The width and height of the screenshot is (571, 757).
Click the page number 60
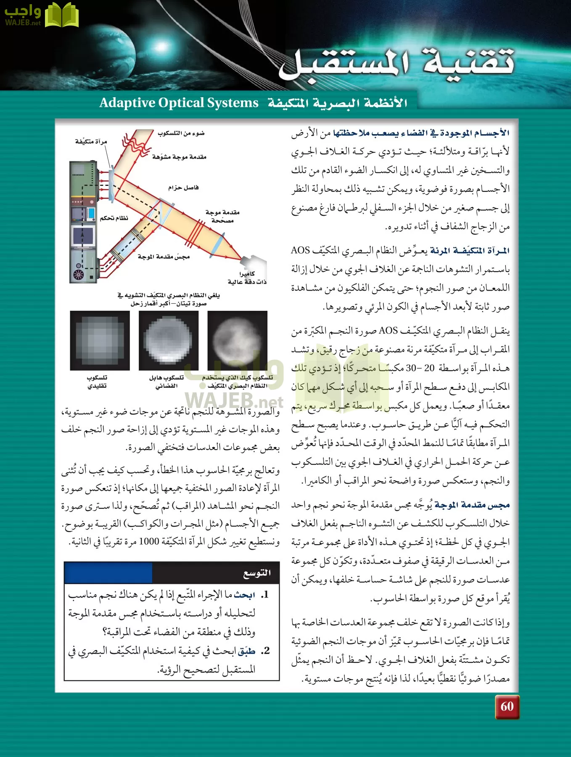point(507,706)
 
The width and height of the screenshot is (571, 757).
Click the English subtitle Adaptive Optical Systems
point(179,103)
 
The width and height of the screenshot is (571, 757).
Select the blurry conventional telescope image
point(100,340)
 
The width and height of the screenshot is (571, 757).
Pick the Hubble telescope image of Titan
point(169,340)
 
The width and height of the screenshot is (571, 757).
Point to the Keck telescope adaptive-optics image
point(237,340)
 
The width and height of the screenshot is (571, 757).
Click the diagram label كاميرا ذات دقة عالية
point(247,278)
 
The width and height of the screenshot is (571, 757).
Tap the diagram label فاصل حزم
point(183,188)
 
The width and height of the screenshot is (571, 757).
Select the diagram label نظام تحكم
point(114,218)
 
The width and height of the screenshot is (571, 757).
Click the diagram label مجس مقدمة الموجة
point(164,257)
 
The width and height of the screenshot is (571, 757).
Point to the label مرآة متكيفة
point(91,142)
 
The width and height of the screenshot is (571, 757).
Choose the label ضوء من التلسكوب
point(181,133)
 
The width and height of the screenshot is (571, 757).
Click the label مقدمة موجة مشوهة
point(179,157)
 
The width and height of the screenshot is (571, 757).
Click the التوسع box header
point(257,573)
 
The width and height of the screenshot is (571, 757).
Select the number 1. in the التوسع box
point(264,595)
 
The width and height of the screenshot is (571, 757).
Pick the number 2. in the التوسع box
point(264,651)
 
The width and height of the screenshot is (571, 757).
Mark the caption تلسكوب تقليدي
point(97,381)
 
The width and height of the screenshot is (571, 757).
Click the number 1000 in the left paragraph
point(149,541)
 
